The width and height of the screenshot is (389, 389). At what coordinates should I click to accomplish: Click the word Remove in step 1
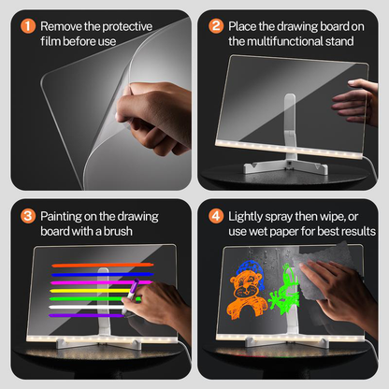click(62, 24)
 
